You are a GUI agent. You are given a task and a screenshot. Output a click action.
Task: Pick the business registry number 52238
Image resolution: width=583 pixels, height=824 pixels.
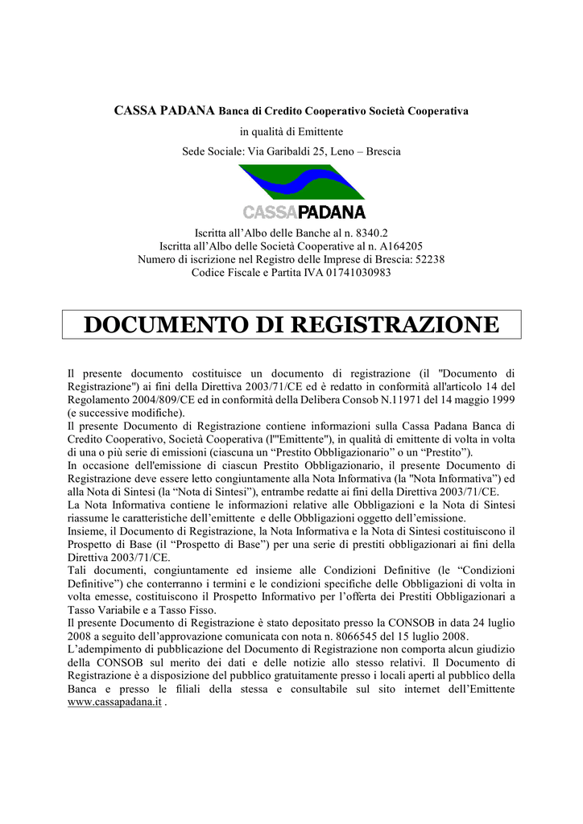tap(428, 259)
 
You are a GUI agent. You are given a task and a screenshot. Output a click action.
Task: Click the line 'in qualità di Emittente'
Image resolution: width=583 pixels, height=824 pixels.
tap(291, 130)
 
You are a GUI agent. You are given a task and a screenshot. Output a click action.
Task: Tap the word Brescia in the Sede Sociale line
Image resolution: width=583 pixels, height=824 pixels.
tap(383, 150)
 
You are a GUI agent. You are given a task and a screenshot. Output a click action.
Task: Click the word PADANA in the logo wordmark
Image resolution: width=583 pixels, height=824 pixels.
tap(332, 212)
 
